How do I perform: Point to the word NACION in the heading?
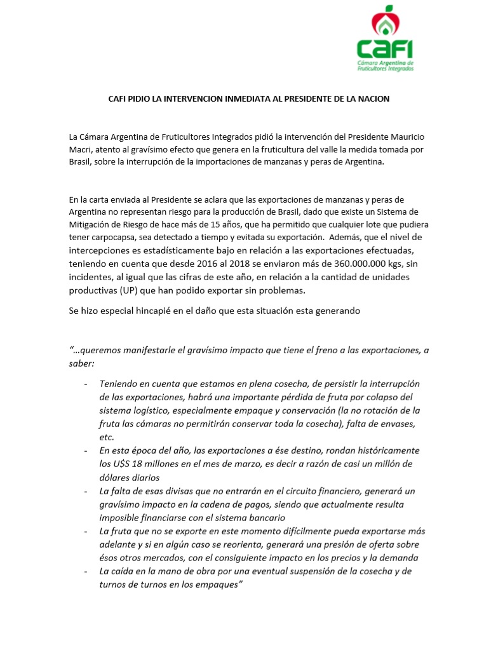373,99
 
